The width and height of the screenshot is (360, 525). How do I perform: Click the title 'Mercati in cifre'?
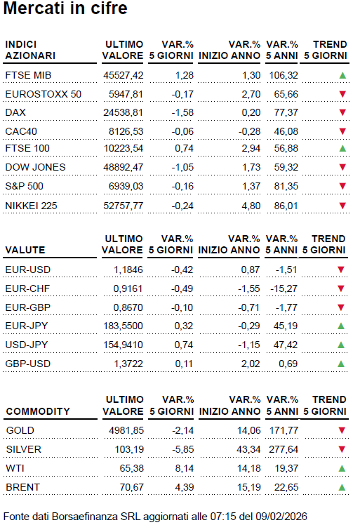click(66, 10)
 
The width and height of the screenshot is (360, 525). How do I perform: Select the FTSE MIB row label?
click(28, 75)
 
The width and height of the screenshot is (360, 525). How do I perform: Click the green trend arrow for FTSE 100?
click(342, 149)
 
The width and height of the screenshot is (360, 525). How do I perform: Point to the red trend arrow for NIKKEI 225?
click(342, 205)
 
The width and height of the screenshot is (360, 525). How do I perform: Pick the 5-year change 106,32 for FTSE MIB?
click(282, 75)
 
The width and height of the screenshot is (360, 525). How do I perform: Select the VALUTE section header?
click(25, 250)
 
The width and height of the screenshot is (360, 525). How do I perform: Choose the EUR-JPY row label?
click(25, 326)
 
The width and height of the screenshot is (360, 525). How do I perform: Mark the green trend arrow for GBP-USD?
click(342, 364)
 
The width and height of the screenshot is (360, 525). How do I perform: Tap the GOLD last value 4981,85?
click(124, 430)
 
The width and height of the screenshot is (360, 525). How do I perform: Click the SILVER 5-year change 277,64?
click(282, 449)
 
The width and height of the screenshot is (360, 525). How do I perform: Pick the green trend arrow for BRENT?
click(342, 487)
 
